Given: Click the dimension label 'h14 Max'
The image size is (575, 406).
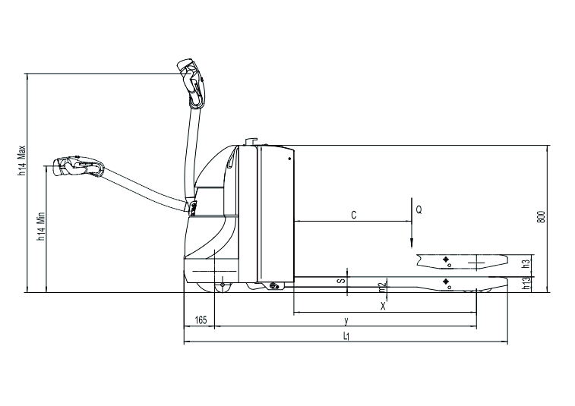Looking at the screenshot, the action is (22, 160).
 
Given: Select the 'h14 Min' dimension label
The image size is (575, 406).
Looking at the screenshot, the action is (41, 226).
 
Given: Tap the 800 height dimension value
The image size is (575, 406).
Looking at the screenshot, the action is (543, 217).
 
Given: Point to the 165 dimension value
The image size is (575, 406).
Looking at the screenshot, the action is (201, 320).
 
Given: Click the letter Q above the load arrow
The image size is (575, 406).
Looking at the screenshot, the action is (419, 209).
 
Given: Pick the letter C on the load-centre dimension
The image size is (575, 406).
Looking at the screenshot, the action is (354, 215).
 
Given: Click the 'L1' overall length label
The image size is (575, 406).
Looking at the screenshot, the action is (346, 336).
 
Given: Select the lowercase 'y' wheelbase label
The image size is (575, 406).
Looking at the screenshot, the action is (346, 321).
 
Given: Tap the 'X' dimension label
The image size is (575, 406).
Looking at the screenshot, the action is (383, 307).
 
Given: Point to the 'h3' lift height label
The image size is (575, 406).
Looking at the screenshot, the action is (526, 264).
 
